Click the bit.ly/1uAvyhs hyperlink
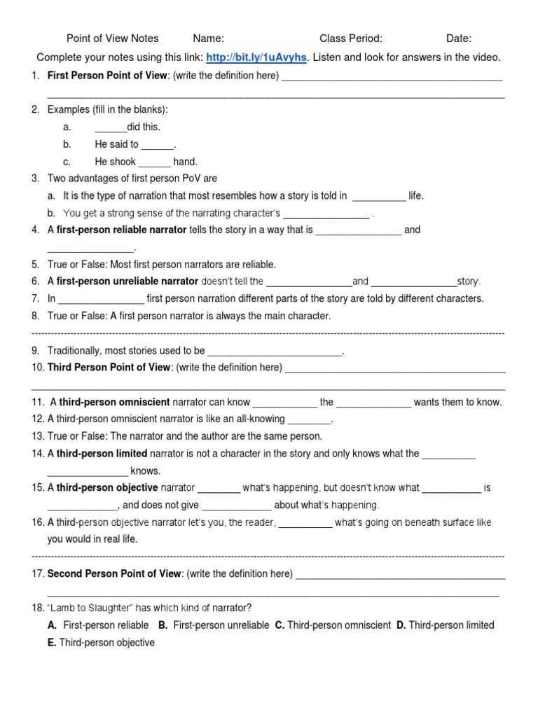pos(256,57)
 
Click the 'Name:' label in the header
pos(209,39)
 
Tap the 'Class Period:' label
pos(351,39)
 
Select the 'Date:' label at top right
pos(459,39)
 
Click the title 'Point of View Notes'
pos(112,39)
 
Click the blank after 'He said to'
pos(157,145)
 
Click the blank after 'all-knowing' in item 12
pos(308,419)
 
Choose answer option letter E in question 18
pos(52,642)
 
